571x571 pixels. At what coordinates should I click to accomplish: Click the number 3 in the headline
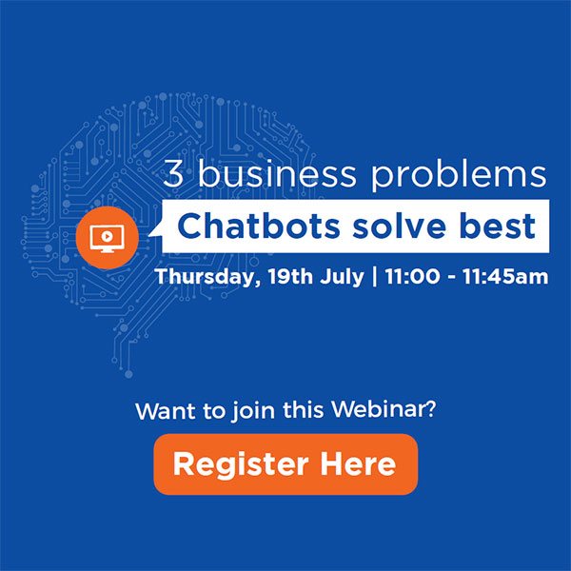tap(173, 175)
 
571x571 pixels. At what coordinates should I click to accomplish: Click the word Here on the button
tap(358, 464)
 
